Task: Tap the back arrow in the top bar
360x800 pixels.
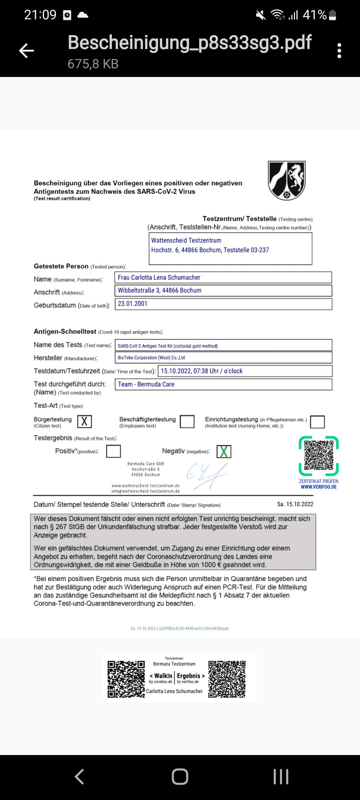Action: [26, 51]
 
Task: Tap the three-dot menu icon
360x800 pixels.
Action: [339, 51]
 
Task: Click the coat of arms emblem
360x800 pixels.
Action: [287, 180]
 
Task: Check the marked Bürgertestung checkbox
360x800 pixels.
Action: [85, 422]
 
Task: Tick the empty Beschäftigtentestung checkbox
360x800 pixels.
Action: [187, 422]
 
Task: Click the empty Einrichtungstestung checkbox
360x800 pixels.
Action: [317, 422]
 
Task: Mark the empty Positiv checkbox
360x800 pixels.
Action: [113, 451]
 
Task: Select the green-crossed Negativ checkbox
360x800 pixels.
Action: [224, 452]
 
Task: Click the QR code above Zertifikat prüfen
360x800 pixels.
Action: [319, 456]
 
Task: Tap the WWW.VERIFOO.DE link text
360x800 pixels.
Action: [319, 487]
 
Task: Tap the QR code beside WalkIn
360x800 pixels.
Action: [126, 679]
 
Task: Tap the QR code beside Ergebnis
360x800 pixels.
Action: [227, 679]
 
